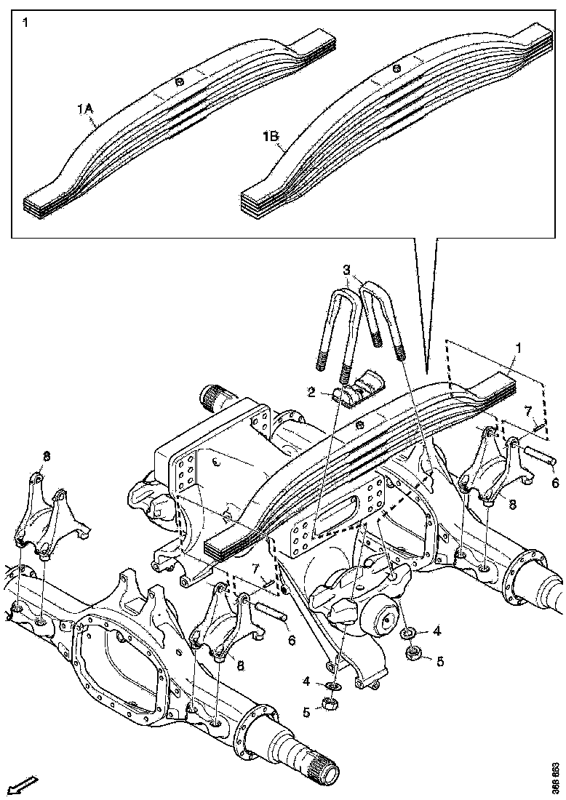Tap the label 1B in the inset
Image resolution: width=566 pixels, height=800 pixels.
click(271, 135)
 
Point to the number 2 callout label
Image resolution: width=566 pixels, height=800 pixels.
click(311, 392)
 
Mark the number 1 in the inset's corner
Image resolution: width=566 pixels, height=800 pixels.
click(26, 23)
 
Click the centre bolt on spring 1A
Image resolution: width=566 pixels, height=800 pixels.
click(179, 81)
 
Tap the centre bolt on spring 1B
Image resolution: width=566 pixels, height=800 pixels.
click(396, 68)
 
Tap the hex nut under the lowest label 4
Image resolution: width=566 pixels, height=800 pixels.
click(327, 703)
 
